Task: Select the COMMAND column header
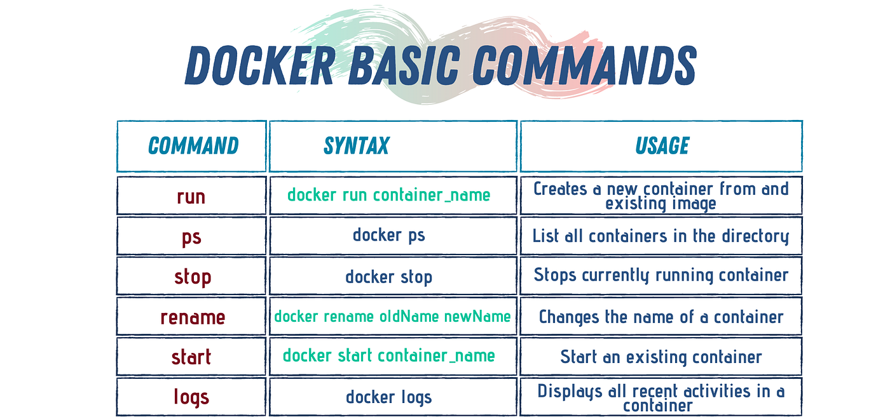[x=193, y=146]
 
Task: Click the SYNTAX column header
[x=356, y=146]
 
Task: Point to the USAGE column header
[x=662, y=146]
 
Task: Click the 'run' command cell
[x=191, y=195]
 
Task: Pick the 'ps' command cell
[x=191, y=236]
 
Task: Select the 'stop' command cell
[x=192, y=276]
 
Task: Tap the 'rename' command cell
[x=192, y=316]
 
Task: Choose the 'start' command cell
[x=191, y=357]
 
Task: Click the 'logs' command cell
[x=191, y=397]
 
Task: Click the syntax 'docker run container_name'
[x=389, y=195]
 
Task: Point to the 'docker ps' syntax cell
[x=389, y=235]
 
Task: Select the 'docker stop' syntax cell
[x=389, y=276]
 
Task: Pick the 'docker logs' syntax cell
[x=389, y=397]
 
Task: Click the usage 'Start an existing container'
[x=661, y=357]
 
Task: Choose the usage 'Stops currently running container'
[x=661, y=275]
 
